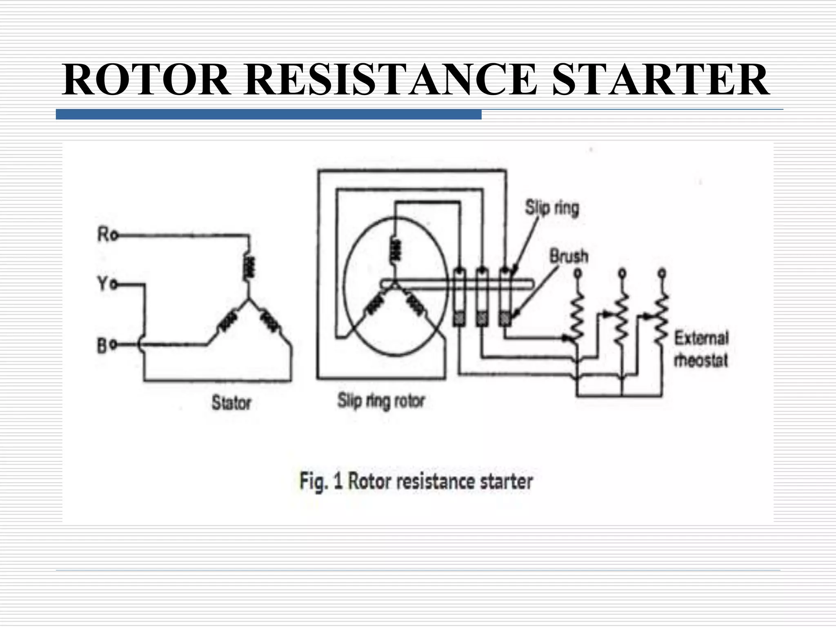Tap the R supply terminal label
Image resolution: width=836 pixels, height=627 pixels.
[x=103, y=235]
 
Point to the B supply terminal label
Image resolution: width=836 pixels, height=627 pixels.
[x=102, y=346]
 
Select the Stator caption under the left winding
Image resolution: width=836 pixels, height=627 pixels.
[x=231, y=403]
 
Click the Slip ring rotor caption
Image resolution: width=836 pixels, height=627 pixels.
[x=381, y=401]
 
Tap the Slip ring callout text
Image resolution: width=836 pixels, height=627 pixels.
[x=552, y=208]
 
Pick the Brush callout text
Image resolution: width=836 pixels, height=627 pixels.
[x=569, y=256]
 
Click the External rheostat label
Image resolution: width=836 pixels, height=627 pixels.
[x=701, y=349]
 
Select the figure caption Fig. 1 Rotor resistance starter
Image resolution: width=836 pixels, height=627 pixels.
[x=416, y=481]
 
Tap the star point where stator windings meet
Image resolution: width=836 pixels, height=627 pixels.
[x=248, y=301]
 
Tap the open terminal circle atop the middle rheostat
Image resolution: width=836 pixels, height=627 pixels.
[x=622, y=272]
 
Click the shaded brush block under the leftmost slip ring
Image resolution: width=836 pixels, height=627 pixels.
[x=460, y=319]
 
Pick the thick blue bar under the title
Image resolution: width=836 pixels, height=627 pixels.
[x=269, y=114]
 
